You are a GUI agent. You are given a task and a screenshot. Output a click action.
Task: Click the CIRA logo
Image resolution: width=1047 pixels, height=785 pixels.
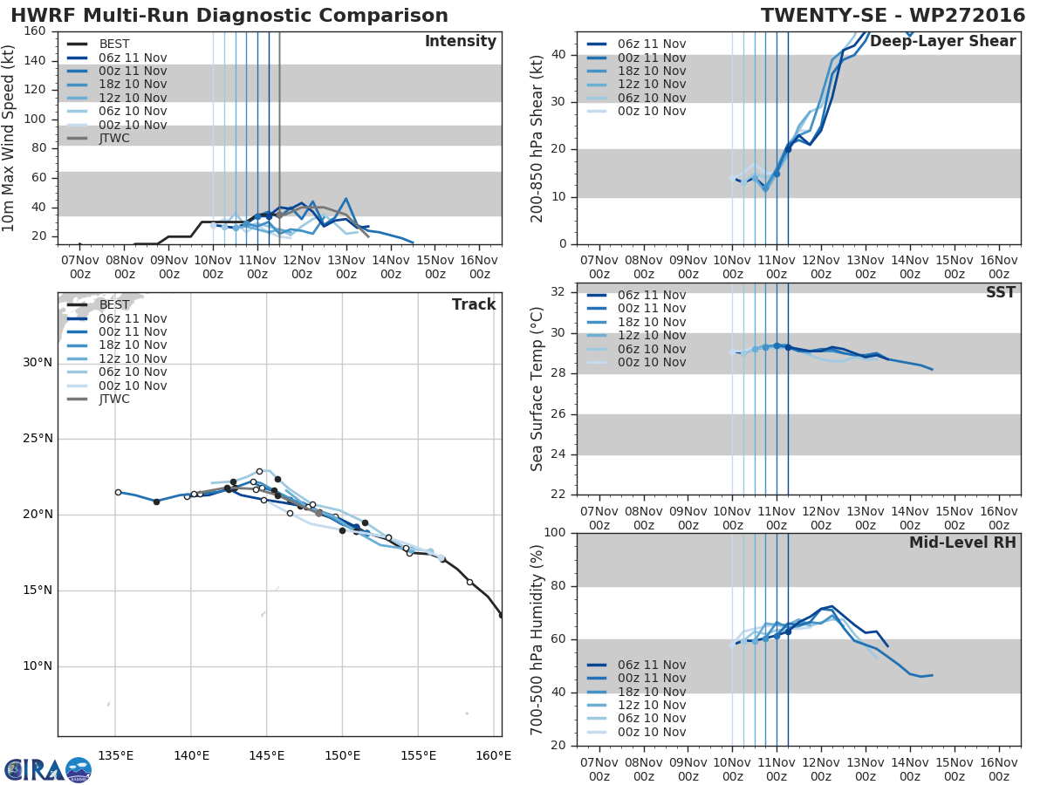click(48, 770)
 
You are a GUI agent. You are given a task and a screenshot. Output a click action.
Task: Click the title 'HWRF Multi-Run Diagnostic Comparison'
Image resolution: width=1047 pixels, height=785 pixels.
click(229, 15)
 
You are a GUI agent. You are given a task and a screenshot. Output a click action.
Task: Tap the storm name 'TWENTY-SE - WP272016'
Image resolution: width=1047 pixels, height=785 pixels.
click(893, 15)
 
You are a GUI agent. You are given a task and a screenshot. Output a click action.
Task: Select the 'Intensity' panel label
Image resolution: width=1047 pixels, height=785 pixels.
click(461, 41)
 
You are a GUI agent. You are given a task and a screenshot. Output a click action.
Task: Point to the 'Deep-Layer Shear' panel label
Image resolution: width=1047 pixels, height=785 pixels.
click(943, 41)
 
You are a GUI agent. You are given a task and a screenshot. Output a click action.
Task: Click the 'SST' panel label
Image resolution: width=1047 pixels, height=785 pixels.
click(1001, 291)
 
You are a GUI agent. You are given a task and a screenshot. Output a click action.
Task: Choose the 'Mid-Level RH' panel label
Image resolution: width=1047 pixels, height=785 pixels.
click(962, 543)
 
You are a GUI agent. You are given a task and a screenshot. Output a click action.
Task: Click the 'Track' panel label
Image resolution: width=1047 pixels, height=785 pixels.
click(474, 304)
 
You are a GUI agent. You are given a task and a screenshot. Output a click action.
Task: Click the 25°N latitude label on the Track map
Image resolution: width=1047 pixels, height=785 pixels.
click(38, 438)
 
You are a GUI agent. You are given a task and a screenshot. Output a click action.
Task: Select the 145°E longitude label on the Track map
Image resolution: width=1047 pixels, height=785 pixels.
click(267, 755)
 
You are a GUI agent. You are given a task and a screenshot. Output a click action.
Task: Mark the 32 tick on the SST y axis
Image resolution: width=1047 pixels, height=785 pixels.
click(558, 291)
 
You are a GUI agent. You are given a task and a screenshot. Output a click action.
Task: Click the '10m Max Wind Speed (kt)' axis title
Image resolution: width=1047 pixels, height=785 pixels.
click(8, 138)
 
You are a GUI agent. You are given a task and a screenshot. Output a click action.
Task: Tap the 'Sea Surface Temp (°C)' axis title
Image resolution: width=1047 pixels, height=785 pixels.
click(537, 389)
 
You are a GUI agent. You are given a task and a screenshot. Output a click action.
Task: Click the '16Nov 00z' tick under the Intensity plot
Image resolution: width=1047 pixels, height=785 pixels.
click(479, 267)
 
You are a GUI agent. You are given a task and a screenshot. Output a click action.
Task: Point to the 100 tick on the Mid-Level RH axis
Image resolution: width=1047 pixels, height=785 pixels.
click(555, 532)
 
